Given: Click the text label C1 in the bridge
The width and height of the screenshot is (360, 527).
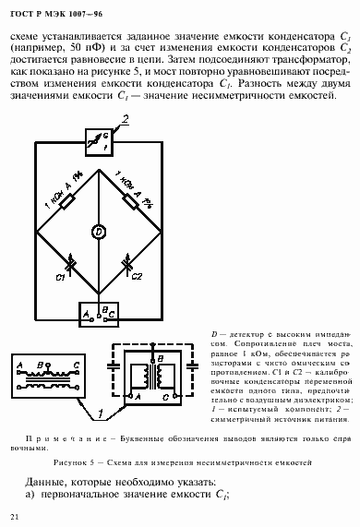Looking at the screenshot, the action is coord(60,277).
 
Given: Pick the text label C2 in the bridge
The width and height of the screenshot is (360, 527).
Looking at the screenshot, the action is coord(134,276).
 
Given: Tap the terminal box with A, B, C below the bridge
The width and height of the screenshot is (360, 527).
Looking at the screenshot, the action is coord(99,314).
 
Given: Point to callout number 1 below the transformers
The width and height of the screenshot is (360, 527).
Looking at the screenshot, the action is coord(100,403).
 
